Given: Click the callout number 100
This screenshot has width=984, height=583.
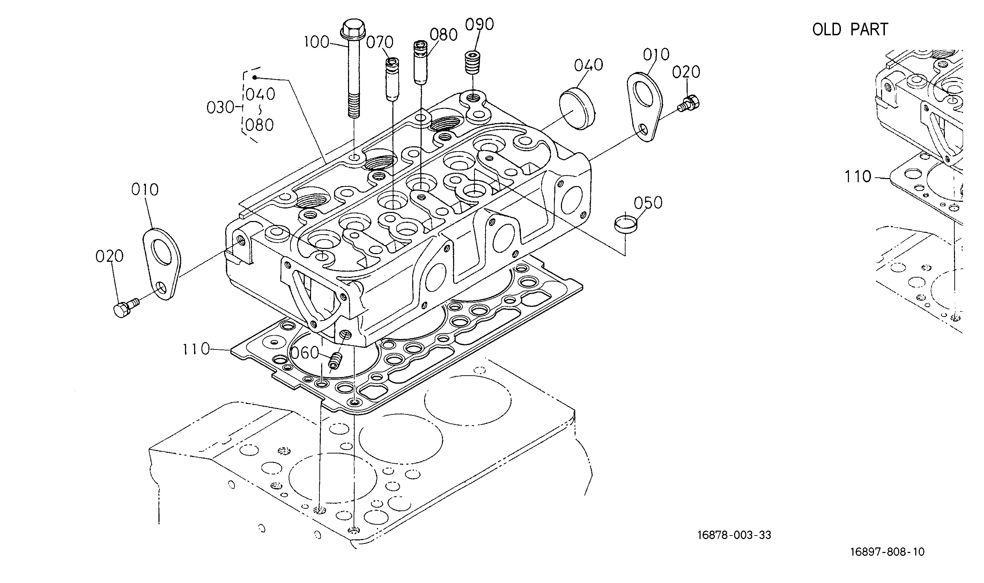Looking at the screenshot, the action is pyautogui.click(x=317, y=42).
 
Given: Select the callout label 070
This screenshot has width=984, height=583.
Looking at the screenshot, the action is pyautogui.click(x=380, y=42).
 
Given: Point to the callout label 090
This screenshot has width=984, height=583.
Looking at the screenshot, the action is pyautogui.click(x=479, y=24).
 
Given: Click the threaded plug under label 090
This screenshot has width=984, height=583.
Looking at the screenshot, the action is pyautogui.click(x=473, y=62).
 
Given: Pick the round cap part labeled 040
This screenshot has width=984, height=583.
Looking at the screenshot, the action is pyautogui.click(x=577, y=109).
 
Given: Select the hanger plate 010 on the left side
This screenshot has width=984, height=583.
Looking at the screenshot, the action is pyautogui.click(x=161, y=264).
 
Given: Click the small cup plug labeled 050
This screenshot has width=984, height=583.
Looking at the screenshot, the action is pyautogui.click(x=625, y=224).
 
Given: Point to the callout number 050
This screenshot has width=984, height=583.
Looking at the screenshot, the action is pyautogui.click(x=648, y=203).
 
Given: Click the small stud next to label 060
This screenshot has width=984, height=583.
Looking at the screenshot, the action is pyautogui.click(x=335, y=360).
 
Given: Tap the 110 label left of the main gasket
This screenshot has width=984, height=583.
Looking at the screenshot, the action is pyautogui.click(x=197, y=349).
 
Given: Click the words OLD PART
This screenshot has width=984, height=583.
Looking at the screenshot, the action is pyautogui.click(x=850, y=29).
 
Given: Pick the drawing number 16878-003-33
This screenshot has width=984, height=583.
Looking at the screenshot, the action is pyautogui.click(x=734, y=535).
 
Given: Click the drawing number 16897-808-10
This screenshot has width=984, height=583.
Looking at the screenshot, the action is pyautogui.click(x=887, y=552).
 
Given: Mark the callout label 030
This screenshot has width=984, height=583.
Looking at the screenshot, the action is pyautogui.click(x=220, y=107).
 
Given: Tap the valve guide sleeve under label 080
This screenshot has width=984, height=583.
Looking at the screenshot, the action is pyautogui.click(x=420, y=63).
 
